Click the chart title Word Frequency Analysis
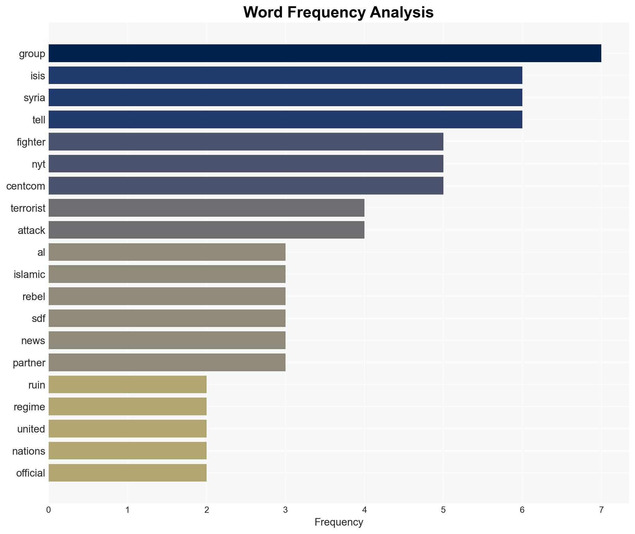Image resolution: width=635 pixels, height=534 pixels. [338, 12]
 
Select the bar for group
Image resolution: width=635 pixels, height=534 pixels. [325, 53]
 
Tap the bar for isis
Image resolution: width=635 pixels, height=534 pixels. [285, 75]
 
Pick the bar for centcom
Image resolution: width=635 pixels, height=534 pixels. [246, 186]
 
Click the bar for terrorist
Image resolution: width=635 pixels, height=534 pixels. [206, 208]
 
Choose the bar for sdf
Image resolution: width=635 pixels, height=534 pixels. [167, 318]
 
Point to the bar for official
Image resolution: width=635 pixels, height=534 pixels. [127, 473]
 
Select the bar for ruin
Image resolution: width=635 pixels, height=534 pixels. [127, 384]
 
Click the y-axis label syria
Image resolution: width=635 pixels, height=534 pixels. [34, 98]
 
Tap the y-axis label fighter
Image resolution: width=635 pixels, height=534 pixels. [31, 142]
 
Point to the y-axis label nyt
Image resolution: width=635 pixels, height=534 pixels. [38, 164]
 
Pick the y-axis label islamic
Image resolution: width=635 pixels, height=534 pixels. [29, 274]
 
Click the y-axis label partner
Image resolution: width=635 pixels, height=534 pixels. [29, 363]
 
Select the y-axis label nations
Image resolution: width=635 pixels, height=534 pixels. [28, 451]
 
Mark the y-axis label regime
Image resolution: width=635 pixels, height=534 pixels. [29, 407]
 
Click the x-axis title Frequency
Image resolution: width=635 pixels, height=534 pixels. [339, 522]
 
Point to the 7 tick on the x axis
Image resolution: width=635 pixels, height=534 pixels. [601, 510]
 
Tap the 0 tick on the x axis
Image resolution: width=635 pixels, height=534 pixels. [49, 510]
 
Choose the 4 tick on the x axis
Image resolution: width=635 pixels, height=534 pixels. [364, 510]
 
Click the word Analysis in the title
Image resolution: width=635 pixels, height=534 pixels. [402, 12]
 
